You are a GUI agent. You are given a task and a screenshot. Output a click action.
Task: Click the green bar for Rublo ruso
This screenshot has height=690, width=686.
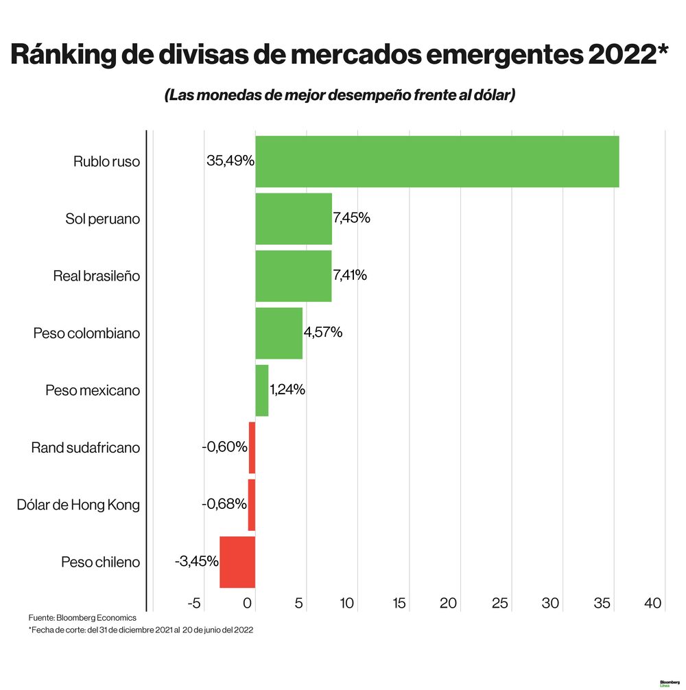pos(437,162)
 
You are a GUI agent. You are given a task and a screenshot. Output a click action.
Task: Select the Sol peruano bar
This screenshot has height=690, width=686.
pos(294,219)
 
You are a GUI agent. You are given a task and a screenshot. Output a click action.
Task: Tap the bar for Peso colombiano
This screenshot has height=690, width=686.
pos(279,333)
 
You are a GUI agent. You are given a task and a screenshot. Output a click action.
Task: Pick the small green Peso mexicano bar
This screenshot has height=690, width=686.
pos(262,390)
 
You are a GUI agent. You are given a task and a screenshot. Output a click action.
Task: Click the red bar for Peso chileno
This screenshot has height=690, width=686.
pos(237,562)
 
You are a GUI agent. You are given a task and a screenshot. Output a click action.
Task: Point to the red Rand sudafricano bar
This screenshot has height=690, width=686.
pos(252,447)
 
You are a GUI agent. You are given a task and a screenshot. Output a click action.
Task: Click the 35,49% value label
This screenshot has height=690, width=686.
pos(230,161)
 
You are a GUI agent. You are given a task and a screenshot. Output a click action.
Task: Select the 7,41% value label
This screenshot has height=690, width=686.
pos(350,276)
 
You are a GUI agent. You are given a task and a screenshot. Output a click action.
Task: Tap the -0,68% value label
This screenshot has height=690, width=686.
pos(224,504)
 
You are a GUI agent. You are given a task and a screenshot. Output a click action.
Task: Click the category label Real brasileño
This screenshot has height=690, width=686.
pos(97,276)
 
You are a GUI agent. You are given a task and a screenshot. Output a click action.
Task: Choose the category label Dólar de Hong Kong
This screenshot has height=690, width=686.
pos(78,505)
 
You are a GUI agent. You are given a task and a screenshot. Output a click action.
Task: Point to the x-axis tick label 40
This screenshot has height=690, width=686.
pos(653,604)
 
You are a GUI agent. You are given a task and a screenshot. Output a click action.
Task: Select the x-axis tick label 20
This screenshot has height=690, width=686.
pos(449,604)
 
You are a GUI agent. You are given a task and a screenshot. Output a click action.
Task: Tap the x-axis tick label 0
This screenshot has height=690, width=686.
pos(248,604)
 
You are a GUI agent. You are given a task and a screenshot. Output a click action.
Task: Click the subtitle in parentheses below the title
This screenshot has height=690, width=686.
pos(340,95)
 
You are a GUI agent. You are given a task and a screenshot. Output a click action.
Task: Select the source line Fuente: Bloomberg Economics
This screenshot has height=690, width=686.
pos(82,618)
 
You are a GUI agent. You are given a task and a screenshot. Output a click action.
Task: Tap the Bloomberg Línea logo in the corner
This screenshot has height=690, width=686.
pos(669,683)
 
